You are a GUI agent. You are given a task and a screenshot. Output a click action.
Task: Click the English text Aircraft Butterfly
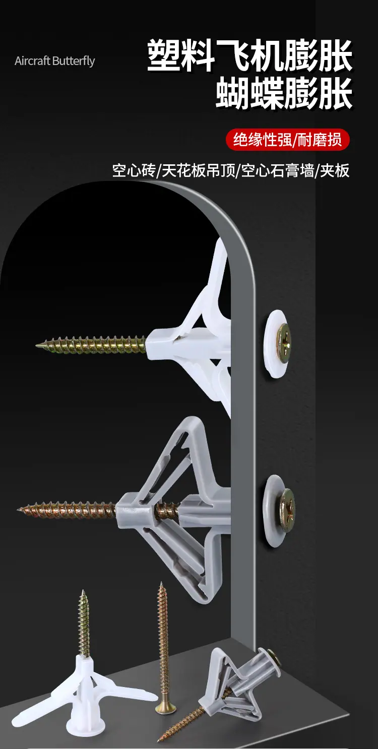point(55,61)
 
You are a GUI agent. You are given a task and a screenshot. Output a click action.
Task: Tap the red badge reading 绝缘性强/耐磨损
point(288,140)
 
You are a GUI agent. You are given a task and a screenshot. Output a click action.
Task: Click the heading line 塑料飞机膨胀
point(250,55)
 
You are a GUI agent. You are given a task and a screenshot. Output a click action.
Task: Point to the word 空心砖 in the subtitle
point(134,170)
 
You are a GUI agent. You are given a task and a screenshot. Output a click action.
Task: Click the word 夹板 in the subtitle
point(335,170)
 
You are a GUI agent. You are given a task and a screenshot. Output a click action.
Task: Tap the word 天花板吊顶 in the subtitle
point(199,170)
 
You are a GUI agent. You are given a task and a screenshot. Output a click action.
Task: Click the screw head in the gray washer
point(287,510)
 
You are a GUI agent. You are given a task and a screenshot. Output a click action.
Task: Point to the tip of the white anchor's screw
point(37,345)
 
